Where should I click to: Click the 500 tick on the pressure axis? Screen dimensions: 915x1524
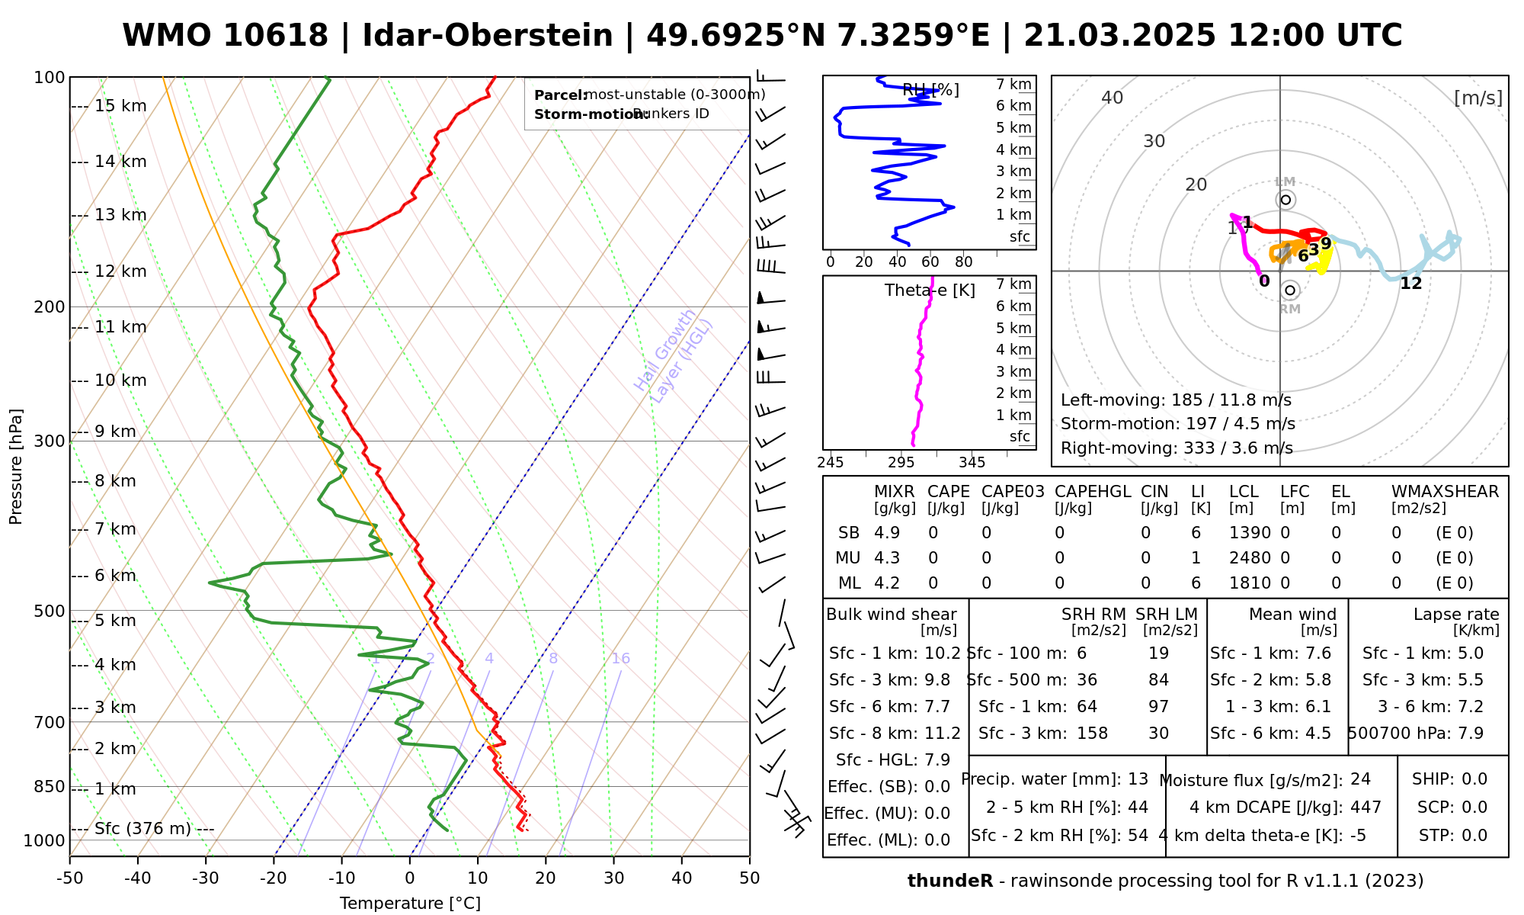pyautogui.click(x=50, y=611)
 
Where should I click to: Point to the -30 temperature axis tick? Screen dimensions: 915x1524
pyautogui.click(x=206, y=878)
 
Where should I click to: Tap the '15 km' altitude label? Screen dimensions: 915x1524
pyautogui.click(x=120, y=106)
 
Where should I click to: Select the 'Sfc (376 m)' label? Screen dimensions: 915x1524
pyautogui.click(x=142, y=829)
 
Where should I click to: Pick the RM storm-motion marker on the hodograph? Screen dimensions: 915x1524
pyautogui.click(x=1290, y=291)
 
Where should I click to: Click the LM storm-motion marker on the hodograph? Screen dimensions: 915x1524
pyautogui.click(x=1285, y=200)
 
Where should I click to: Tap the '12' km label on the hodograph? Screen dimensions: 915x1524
pyautogui.click(x=1411, y=284)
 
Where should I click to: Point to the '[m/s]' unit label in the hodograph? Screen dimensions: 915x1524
pyautogui.click(x=1478, y=98)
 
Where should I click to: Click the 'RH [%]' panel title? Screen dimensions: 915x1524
pyautogui.click(x=930, y=91)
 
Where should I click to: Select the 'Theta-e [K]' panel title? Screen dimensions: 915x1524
pyautogui.click(x=930, y=291)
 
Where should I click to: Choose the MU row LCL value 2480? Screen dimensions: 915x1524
pyautogui.click(x=1250, y=558)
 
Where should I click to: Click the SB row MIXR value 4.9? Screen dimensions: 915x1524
pyautogui.click(x=887, y=533)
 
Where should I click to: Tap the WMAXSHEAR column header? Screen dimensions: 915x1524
pyautogui.click(x=1445, y=492)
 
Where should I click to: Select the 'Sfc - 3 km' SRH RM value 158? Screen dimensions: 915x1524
pyautogui.click(x=1092, y=734)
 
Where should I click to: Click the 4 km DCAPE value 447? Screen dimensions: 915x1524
pyautogui.click(x=1366, y=807)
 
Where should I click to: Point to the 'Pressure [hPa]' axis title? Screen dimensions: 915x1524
pyautogui.click(x=16, y=467)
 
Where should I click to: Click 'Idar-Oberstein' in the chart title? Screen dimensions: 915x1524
pyautogui.click(x=488, y=36)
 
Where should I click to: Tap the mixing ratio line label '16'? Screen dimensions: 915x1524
pyautogui.click(x=620, y=659)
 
